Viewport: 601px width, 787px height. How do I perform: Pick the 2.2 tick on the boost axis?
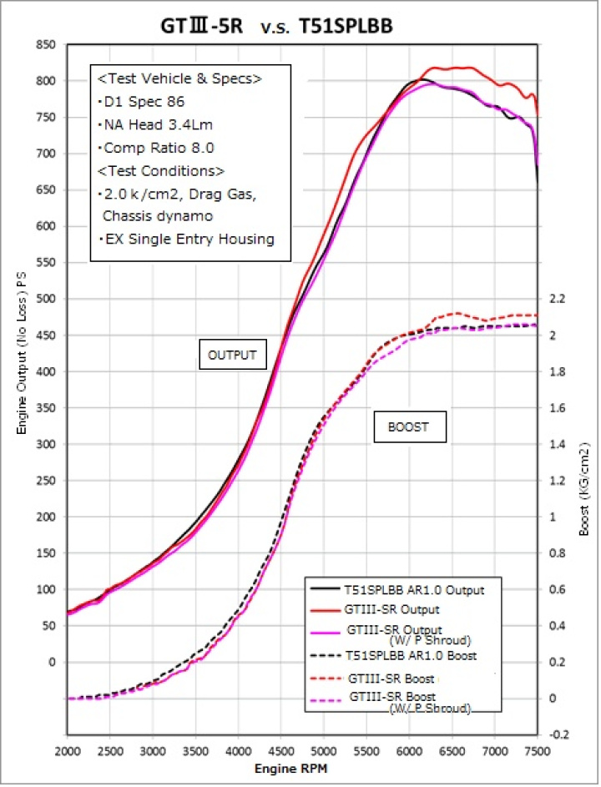point(558,299)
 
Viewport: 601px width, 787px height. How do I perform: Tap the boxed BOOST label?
point(408,427)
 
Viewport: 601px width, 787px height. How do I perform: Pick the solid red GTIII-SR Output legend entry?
point(382,609)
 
